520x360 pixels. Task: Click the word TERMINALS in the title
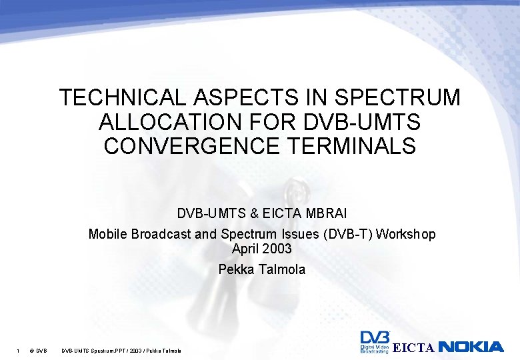(365, 145)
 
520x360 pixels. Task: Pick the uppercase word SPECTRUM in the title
(398, 98)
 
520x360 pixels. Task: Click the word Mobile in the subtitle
(107, 235)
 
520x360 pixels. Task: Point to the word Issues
(295, 235)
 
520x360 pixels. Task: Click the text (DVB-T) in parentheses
(347, 235)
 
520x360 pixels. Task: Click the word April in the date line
(245, 249)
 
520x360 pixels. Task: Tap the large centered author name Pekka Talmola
(261, 269)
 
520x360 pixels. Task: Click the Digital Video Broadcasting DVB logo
(374, 343)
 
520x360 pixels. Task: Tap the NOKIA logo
(471, 347)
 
